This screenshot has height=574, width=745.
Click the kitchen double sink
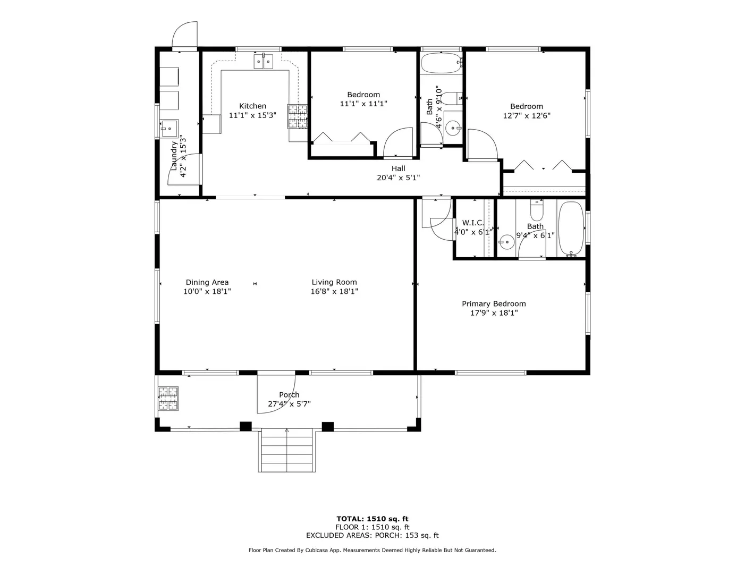point(264,61)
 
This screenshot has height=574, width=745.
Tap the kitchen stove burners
point(297,116)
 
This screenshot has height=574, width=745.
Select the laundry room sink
point(170,129)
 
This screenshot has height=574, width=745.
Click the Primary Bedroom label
point(494,303)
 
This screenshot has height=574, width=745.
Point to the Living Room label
point(334,282)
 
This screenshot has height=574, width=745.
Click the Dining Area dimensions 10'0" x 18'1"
point(207,291)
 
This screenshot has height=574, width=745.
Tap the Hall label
point(399,168)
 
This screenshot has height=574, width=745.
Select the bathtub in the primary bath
point(571,229)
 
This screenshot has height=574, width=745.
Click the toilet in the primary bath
point(537,210)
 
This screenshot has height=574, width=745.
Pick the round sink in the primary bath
point(507,242)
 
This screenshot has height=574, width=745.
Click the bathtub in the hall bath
point(442,63)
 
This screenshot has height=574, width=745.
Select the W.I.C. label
point(473,223)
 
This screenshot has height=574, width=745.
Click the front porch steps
point(286,450)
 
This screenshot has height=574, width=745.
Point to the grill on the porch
point(168,399)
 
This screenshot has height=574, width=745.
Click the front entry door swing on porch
point(276,394)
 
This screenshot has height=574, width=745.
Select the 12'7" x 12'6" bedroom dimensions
point(527,115)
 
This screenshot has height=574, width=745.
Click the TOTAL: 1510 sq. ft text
point(372,519)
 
